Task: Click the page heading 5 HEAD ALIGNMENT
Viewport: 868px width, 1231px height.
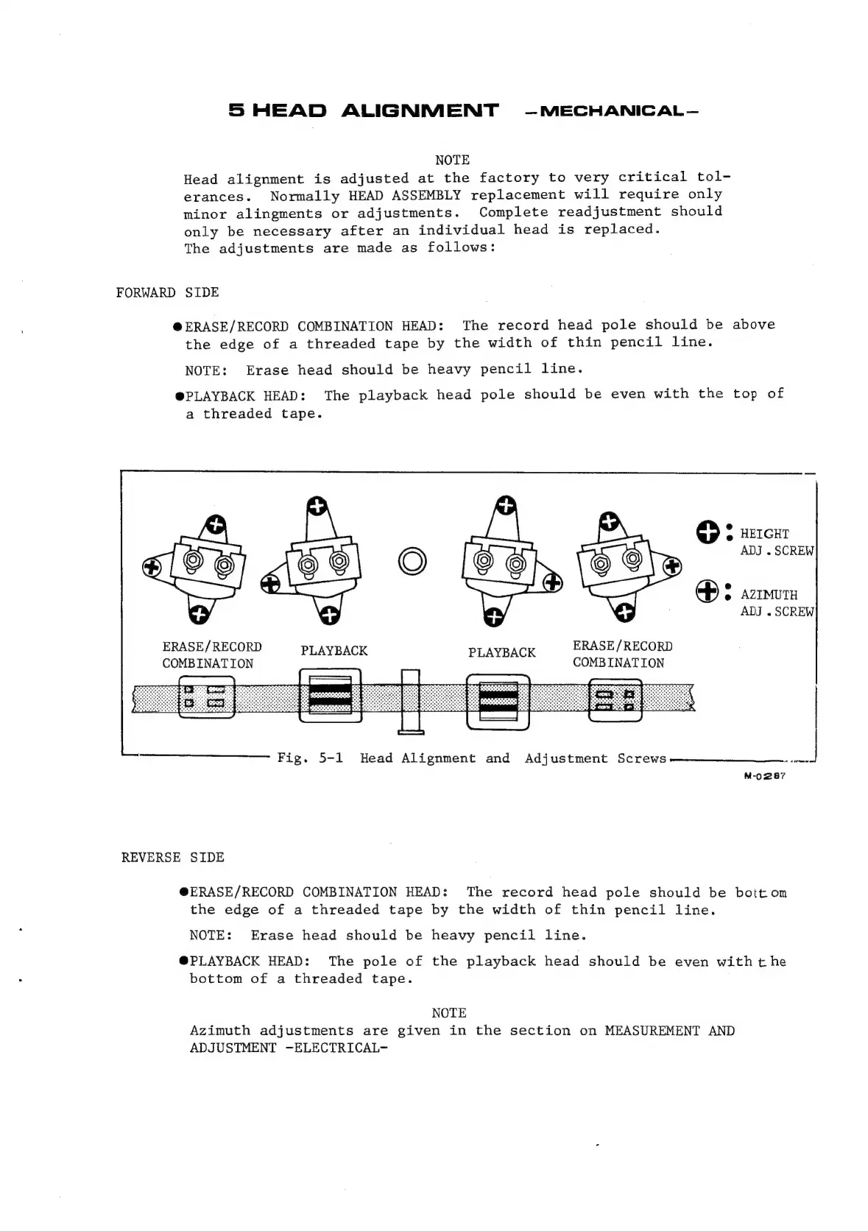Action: click(363, 111)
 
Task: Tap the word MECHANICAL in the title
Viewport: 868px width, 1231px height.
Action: click(610, 112)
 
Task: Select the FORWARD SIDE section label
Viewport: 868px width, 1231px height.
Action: click(167, 292)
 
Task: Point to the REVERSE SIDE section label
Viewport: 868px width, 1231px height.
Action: click(172, 857)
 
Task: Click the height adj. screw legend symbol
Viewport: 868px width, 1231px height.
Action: click(707, 532)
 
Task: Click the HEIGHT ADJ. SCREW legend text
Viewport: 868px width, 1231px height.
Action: click(776, 542)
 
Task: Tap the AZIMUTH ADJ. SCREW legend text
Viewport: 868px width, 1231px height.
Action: click(776, 602)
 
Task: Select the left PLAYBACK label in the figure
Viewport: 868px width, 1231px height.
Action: click(334, 650)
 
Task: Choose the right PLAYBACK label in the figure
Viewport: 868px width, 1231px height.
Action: click(501, 652)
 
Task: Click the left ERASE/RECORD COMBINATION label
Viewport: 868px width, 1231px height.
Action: click(211, 655)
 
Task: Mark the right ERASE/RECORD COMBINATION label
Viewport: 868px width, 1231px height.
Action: click(622, 654)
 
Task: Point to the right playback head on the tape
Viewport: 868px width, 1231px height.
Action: click(498, 699)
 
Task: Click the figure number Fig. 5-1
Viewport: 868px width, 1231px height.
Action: click(310, 758)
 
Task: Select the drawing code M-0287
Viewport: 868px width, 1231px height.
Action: click(765, 776)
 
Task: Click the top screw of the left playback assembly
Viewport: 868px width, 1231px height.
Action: click(317, 507)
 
